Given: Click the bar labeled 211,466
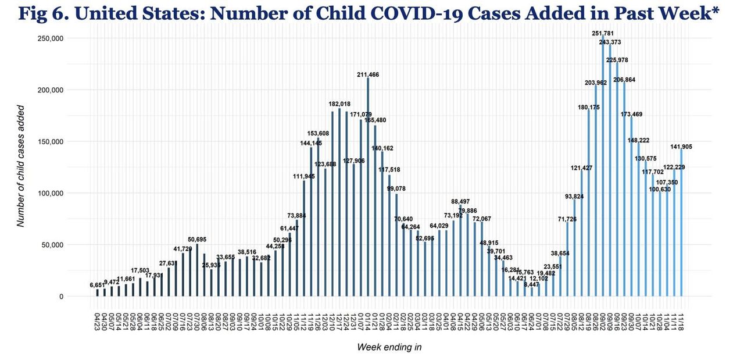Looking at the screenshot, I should (368, 186).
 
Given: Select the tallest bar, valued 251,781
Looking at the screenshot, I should (603, 169).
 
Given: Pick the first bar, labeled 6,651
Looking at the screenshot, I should (98, 293).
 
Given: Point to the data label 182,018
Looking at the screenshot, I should (339, 104).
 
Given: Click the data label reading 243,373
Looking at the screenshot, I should (610, 42).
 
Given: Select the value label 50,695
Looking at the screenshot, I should (197, 239).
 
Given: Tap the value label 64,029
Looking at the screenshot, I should (439, 226).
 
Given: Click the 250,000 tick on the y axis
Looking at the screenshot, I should (49, 38).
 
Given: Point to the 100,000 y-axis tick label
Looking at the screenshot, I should (49, 193).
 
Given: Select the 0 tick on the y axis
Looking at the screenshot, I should (61, 297).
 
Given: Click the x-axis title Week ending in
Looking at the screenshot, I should (389, 347).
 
